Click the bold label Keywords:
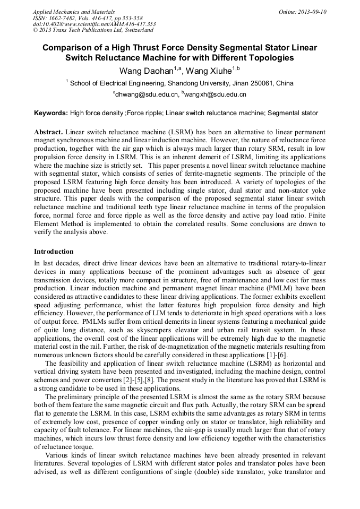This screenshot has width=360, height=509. [x=51, y=113]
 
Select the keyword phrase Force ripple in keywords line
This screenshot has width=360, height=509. [x=143, y=113]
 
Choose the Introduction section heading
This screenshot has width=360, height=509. [x=54, y=252]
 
